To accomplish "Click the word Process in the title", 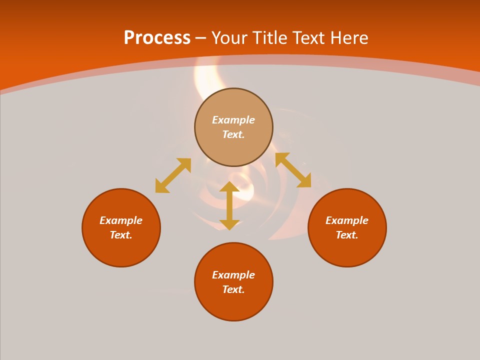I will pyautogui.click(x=157, y=38).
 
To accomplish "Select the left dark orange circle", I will pyautogui.click(x=121, y=250).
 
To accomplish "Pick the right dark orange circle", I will pyautogui.click(x=347, y=250).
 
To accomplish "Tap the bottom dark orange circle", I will pyautogui.click(x=233, y=305).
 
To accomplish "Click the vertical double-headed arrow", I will pyautogui.click(x=229, y=205).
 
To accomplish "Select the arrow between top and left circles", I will pyautogui.click(x=173, y=175).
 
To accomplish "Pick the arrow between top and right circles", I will pyautogui.click(x=293, y=170).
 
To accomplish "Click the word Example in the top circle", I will pyautogui.click(x=233, y=120).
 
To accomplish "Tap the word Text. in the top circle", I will pyautogui.click(x=233, y=134).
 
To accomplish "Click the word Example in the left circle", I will pyautogui.click(x=121, y=220).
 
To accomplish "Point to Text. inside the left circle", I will pyautogui.click(x=121, y=235).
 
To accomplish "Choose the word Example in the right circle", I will pyautogui.click(x=347, y=220).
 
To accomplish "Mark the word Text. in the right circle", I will pyautogui.click(x=347, y=235).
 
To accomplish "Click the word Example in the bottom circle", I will pyautogui.click(x=233, y=275).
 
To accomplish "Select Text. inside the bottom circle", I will pyautogui.click(x=233, y=289).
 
